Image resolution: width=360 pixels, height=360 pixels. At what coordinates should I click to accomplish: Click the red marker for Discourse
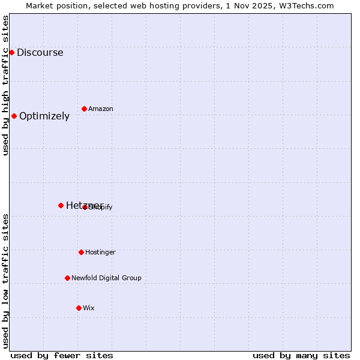11,52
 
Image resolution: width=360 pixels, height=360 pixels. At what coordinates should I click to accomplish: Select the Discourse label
40,52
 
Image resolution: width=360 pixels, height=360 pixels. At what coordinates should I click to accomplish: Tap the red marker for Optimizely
14,116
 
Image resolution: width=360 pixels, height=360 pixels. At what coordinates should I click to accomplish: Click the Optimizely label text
44,116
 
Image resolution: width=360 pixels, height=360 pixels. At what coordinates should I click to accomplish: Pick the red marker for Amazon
84,109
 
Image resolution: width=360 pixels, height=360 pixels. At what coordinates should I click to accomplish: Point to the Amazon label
101,109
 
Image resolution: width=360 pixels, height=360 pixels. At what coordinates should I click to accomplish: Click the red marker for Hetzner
61,205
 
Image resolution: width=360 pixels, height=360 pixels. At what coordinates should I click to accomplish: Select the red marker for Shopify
85,207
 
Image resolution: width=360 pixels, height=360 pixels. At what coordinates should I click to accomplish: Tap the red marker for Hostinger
81,252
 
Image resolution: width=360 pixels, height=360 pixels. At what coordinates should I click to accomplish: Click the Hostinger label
100,252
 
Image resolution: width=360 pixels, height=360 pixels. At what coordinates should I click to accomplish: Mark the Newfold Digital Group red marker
67,278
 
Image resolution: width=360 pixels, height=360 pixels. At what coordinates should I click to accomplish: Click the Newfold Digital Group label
106,278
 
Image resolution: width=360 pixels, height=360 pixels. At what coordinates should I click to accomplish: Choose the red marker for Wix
79,308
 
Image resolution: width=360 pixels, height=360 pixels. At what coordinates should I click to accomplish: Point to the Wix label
89,308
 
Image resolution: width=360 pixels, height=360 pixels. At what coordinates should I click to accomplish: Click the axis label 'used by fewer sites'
62,355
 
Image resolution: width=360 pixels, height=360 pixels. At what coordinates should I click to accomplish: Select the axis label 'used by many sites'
301,355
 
